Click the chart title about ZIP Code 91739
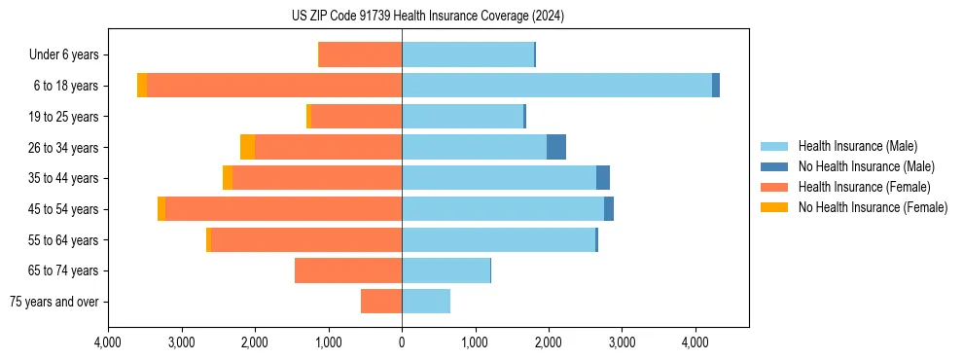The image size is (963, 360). [428, 17]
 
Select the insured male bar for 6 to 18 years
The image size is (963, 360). [556, 86]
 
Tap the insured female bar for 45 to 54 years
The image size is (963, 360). [283, 209]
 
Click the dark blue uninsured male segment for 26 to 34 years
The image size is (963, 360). [556, 147]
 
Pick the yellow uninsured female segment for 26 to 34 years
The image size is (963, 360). [247, 147]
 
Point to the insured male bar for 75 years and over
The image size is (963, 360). [426, 302]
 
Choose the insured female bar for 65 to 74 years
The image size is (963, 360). [348, 270]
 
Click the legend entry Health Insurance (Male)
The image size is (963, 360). [857, 146]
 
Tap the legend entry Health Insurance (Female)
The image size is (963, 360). [864, 187]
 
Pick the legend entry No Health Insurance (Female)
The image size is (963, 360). [873, 207]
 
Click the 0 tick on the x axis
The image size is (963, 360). [402, 342]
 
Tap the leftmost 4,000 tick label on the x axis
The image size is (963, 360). [108, 342]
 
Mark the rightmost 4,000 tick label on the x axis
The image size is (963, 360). [695, 342]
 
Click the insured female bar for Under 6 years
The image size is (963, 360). [360, 54]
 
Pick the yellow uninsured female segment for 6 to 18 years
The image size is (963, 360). [142, 86]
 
